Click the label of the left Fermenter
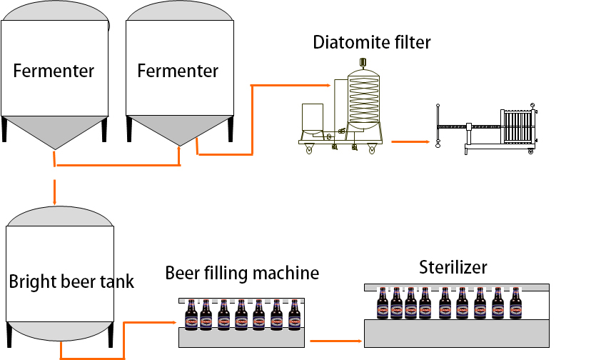[54, 71]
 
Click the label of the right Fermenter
[178, 71]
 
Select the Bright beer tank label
[71, 282]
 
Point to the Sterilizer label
[453, 267]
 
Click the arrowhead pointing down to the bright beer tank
[54, 201]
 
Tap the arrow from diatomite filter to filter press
[410, 142]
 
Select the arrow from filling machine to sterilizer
[336, 341]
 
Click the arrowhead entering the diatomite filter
[327, 85]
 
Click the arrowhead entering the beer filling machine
[173, 322]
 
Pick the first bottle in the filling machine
[191, 315]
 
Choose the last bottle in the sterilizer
[515, 303]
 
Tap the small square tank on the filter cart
[313, 117]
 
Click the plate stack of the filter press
[517, 126]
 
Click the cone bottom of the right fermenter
[180, 130]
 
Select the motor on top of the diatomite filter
[363, 62]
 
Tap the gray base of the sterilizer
[457, 333]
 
